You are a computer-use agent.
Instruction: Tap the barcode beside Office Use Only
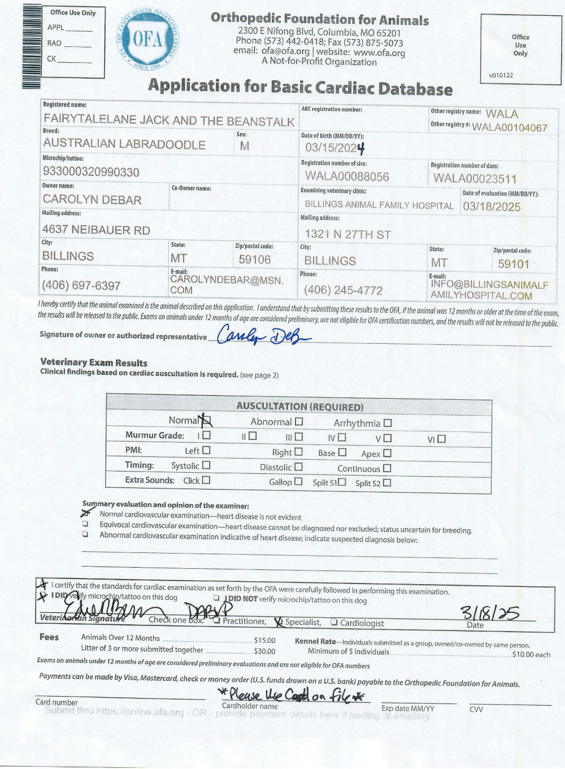(32, 46)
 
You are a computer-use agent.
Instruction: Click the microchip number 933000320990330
(91, 172)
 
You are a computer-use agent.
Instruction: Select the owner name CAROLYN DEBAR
(92, 200)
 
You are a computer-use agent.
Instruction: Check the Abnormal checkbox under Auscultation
(299, 422)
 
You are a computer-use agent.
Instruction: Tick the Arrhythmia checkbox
(388, 423)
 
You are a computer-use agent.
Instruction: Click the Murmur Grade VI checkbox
(441, 439)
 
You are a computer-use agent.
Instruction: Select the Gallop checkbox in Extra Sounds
(298, 482)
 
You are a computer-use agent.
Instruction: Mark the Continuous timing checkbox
(387, 468)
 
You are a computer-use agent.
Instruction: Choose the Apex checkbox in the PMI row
(387, 453)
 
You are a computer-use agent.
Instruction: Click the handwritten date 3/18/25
(490, 612)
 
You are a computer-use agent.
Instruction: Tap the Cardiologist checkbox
(334, 623)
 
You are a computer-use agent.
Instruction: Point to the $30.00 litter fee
(264, 651)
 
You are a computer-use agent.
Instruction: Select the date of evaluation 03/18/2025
(492, 207)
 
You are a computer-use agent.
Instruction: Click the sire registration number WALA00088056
(347, 177)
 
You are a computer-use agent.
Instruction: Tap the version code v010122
(501, 75)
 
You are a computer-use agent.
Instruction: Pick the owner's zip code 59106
(254, 260)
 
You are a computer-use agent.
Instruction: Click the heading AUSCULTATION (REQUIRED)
(299, 407)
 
